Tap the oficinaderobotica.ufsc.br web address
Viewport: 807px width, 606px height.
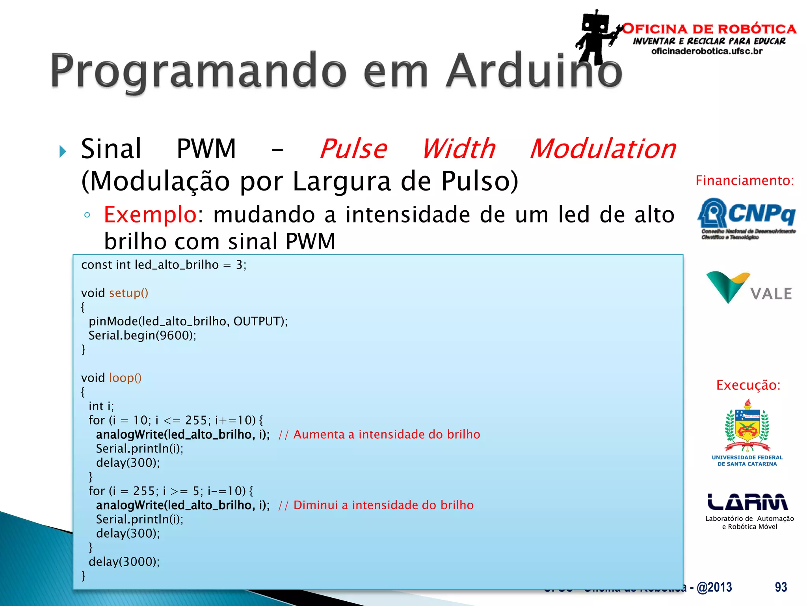tap(707, 51)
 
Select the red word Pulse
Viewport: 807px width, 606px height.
tap(353, 149)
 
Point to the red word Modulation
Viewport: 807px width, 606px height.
tap(603, 149)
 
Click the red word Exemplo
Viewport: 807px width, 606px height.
tap(150, 215)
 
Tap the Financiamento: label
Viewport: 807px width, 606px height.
tap(744, 181)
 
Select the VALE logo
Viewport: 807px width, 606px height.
tap(749, 288)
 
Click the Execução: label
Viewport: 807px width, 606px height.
tap(748, 385)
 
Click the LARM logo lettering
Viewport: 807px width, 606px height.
tap(747, 502)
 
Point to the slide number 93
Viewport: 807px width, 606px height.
tap(781, 587)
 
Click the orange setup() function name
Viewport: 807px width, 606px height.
tap(128, 293)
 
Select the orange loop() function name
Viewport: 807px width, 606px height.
tap(125, 378)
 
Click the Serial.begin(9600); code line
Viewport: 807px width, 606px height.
tap(142, 335)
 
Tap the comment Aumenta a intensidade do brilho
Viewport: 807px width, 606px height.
tap(379, 434)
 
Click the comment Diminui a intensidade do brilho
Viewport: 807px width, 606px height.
tap(376, 505)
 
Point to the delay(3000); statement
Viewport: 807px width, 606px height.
tap(124, 561)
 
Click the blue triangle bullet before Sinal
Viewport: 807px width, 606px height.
tap(63, 151)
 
